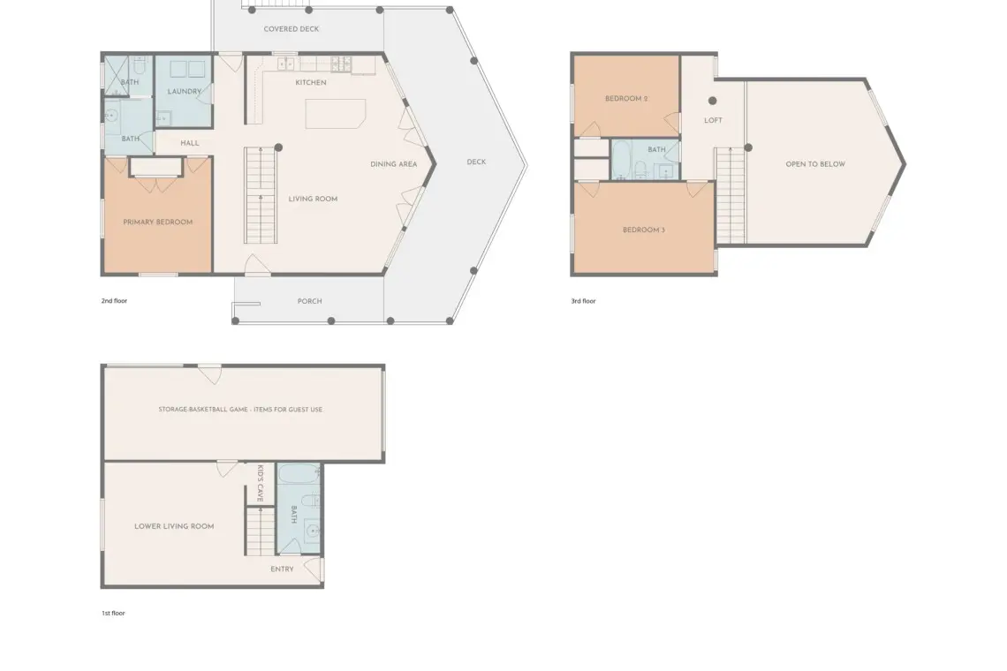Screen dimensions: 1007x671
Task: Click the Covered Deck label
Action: [x=291, y=29]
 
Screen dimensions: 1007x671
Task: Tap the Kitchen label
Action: [x=311, y=82]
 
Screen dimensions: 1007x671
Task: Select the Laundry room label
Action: [x=185, y=91]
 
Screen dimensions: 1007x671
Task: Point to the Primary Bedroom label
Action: [x=158, y=222]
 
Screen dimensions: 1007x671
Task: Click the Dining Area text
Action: [x=394, y=164]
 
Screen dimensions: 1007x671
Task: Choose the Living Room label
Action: [x=313, y=199]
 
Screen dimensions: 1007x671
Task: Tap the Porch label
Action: [x=309, y=301]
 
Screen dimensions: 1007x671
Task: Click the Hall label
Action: [x=189, y=143]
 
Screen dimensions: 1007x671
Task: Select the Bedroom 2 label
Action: [x=626, y=99]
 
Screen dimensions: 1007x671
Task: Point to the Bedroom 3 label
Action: [x=643, y=230]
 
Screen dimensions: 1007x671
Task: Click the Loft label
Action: [x=713, y=121]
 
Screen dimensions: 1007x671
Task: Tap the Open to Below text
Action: [x=815, y=164]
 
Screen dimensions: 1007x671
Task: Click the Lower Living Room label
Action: [x=174, y=526]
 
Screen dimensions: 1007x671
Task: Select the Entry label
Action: [x=282, y=569]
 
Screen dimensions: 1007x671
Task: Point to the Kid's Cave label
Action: [x=260, y=483]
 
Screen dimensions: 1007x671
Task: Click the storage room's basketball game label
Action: [x=240, y=410]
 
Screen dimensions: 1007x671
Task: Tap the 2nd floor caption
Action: [x=114, y=301]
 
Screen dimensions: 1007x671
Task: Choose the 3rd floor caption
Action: [x=583, y=301]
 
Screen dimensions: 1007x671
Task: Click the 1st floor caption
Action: [x=113, y=614]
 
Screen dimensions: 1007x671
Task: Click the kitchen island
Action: [x=336, y=114]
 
